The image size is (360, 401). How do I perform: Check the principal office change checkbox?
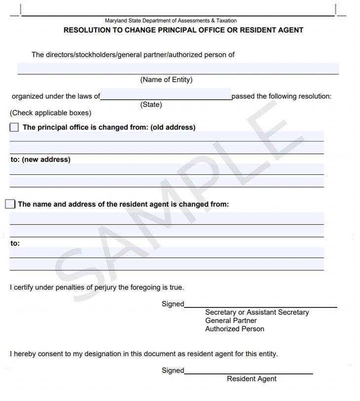point(14,127)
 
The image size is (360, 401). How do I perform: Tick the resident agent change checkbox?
point(10,204)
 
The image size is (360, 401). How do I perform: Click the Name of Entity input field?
point(178,68)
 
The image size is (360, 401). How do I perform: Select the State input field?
point(166,94)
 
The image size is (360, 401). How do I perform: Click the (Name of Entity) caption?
point(166,80)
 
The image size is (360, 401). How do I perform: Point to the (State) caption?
point(151,104)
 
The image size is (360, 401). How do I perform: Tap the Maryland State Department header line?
point(171,21)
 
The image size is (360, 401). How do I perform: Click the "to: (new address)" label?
point(40,160)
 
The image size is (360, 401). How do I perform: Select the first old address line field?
point(167,136)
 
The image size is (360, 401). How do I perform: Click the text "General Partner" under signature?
point(231,321)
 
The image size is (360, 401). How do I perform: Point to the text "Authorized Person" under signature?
point(235,329)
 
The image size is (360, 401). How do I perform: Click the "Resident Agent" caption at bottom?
point(252,379)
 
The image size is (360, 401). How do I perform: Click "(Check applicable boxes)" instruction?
point(50,113)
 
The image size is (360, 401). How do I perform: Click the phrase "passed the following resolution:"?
point(282,96)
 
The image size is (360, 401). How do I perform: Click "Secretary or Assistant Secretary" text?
point(257,312)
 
